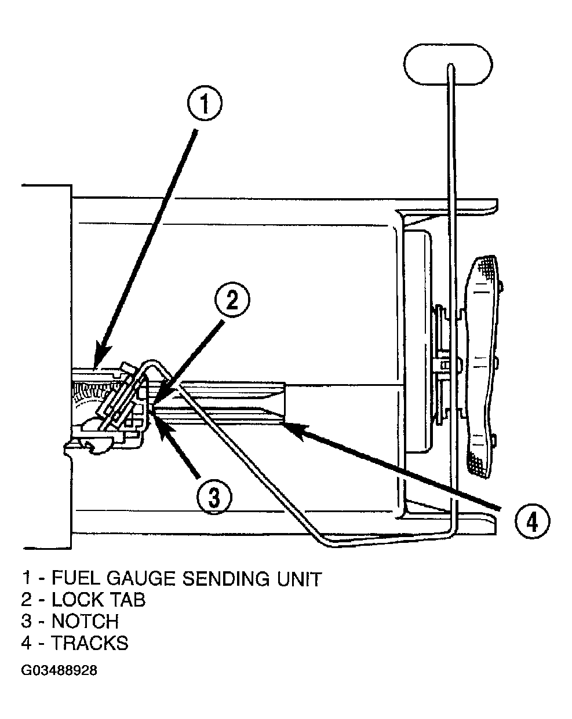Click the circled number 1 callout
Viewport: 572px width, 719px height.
204,103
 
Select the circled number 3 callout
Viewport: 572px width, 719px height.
214,497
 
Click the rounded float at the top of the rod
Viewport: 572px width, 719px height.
447,64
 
